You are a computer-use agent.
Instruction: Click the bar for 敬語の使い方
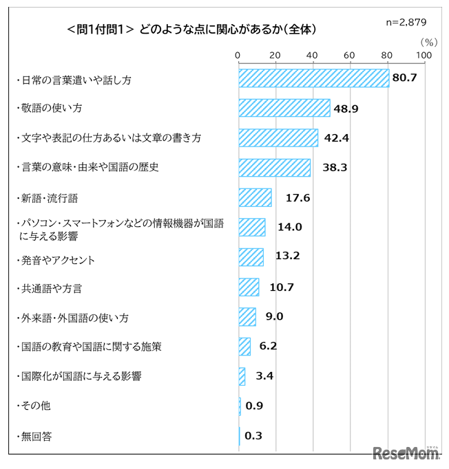tap(284, 108)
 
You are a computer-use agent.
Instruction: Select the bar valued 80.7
tap(313, 78)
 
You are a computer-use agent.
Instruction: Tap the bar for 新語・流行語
tap(255, 197)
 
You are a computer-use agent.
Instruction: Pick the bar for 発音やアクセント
tap(251, 257)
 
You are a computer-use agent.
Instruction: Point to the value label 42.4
tap(337, 138)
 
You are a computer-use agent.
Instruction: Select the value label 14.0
tap(289, 227)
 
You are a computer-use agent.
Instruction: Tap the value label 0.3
tap(254, 435)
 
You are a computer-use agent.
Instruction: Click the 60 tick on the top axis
tap(350, 55)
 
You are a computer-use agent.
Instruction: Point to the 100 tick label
tap(424, 55)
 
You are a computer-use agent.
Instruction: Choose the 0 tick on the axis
tap(238, 55)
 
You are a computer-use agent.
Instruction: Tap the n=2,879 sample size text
tap(406, 22)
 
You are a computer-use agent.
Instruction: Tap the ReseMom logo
tap(405, 453)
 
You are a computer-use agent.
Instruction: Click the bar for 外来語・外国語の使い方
tap(247, 316)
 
